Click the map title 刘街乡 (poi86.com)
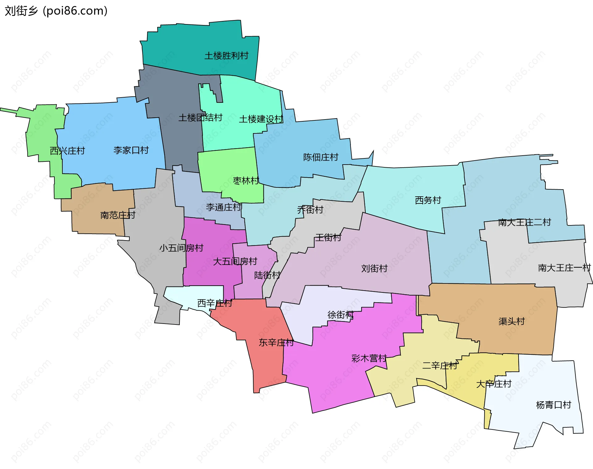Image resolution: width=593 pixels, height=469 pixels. (56, 11)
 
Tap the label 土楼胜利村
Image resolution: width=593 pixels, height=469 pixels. (226, 56)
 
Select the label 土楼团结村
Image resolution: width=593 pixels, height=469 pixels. (200, 118)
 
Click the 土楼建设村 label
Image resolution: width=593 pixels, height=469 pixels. (261, 119)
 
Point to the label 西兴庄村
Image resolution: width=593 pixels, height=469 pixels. (67, 151)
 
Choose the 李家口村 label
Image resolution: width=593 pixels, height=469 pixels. (131, 150)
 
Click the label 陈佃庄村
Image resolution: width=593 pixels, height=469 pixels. (321, 157)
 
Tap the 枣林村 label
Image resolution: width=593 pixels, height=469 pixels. (246, 181)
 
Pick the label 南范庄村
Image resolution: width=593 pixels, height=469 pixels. (118, 215)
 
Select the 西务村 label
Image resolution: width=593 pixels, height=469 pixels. (428, 200)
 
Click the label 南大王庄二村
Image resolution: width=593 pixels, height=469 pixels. (524, 222)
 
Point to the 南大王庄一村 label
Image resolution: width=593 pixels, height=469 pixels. (564, 268)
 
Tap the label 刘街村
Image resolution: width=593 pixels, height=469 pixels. (374, 268)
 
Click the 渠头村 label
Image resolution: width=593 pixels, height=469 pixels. (511, 321)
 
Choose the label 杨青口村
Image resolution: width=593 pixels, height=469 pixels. (553, 405)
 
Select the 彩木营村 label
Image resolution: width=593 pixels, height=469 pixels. (369, 358)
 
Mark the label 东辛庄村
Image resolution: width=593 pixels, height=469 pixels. (276, 342)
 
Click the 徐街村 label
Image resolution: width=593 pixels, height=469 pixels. (340, 315)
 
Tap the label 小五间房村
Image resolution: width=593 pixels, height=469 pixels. (181, 248)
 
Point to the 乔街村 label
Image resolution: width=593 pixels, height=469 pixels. (310, 210)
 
